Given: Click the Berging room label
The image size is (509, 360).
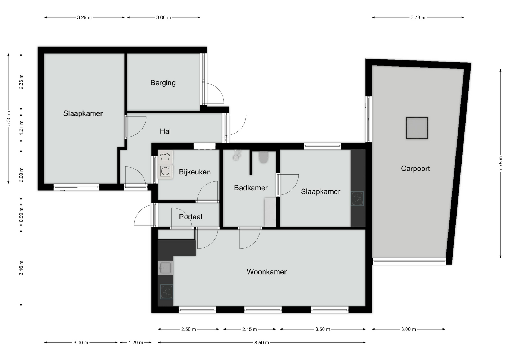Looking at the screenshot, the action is [163, 83].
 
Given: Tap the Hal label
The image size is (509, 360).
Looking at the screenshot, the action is [165, 131].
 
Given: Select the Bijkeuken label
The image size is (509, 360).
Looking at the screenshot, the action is [195, 172].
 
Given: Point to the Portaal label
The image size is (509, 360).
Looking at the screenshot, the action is [191, 217].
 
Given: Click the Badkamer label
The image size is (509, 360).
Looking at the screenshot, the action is [251, 188].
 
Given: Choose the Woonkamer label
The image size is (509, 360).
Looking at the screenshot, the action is [267, 272].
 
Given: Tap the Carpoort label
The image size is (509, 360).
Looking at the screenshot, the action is [415, 169].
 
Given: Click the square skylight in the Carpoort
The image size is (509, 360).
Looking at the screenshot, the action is [417, 128].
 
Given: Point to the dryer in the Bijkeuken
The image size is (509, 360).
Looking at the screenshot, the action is [165, 171].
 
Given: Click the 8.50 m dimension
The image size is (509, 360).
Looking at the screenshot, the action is [262, 343].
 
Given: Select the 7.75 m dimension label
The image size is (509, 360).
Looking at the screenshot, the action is [501, 164].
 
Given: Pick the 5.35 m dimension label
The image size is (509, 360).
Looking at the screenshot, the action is [8, 118].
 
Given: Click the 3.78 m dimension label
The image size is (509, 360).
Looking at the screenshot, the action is [418, 17].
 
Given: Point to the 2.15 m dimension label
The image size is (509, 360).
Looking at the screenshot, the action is [249, 329].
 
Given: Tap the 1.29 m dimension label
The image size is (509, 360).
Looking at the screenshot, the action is [136, 343].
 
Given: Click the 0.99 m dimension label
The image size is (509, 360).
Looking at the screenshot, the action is [21, 215].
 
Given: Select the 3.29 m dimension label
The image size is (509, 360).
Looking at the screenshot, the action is [84, 17].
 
